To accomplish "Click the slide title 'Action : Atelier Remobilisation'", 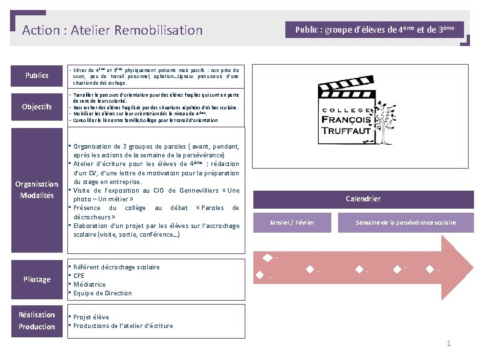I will pyautogui.click(x=112, y=30).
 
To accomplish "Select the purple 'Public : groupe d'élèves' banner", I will pyautogui.click(x=375, y=30).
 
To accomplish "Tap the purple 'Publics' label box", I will pyautogui.click(x=37, y=75).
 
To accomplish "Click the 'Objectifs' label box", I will pyautogui.click(x=37, y=107).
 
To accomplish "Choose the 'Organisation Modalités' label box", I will pyautogui.click(x=37, y=189).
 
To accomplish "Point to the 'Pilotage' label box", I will pyautogui.click(x=37, y=279).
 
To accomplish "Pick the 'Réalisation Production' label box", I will pyautogui.click(x=37, y=321).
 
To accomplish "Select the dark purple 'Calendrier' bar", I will pyautogui.click(x=363, y=199).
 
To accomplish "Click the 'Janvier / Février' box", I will pyautogui.click(x=291, y=222).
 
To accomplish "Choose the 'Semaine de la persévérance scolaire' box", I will pyautogui.click(x=405, y=222).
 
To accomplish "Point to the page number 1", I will pyautogui.click(x=449, y=343).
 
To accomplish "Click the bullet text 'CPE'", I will pyautogui.click(x=79, y=275).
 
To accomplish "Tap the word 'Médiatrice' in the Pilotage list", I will pyautogui.click(x=89, y=284).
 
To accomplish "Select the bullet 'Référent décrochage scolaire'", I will pyautogui.click(x=117, y=267).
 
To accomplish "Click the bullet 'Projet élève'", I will pyautogui.click(x=91, y=317).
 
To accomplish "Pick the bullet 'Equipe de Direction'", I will pyautogui.click(x=103, y=293).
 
